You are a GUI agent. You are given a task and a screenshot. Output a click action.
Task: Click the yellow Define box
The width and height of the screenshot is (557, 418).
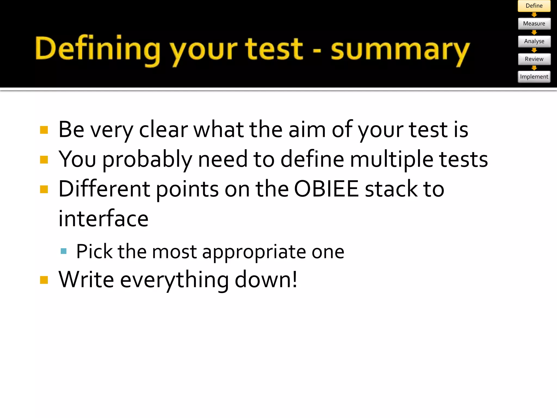tap(534, 6)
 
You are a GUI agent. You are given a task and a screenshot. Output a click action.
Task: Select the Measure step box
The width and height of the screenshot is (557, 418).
tap(534, 24)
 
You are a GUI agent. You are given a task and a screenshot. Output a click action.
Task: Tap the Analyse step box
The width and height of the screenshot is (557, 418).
tap(534, 41)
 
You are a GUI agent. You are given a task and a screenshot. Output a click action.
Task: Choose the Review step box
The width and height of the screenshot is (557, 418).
tap(534, 59)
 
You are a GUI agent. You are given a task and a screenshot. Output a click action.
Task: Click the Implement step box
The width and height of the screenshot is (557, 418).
tap(534, 77)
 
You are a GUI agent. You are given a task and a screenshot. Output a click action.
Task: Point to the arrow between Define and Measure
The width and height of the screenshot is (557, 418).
tap(534, 15)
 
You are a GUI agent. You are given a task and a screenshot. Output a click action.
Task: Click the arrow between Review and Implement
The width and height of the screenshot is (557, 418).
tap(534, 68)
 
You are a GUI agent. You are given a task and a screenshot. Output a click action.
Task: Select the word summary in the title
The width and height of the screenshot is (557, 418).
tap(400, 50)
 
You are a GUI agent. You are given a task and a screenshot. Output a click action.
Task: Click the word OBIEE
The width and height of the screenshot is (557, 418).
tap(326, 189)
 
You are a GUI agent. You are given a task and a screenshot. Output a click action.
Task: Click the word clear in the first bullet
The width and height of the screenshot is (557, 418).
tap(163, 130)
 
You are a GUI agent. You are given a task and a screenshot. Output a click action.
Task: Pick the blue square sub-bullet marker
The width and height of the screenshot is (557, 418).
tap(64, 251)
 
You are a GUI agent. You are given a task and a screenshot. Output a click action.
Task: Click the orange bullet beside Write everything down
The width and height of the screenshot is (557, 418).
tap(44, 280)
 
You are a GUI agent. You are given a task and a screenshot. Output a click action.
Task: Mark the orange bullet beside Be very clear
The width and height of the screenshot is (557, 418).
tap(44, 130)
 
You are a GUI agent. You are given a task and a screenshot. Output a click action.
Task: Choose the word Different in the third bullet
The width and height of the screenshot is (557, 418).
tap(104, 189)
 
